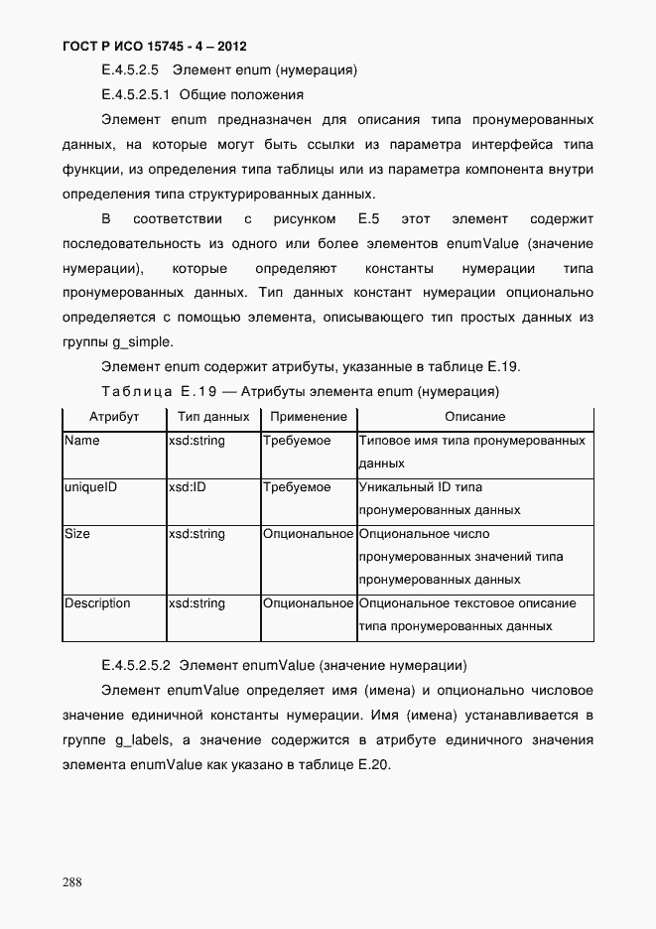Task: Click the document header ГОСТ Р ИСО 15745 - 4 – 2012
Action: pyautogui.click(x=154, y=47)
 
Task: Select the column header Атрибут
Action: pyautogui.click(x=113, y=417)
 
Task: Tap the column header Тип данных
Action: pyautogui.click(x=212, y=417)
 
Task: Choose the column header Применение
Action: pyautogui.click(x=308, y=417)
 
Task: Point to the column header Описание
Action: pyautogui.click(x=474, y=417)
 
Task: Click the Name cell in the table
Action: pyautogui.click(x=82, y=441)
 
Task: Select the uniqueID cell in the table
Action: pyautogui.click(x=90, y=487)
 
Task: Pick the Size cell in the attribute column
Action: pyautogui.click(x=77, y=534)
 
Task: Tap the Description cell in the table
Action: pyautogui.click(x=97, y=603)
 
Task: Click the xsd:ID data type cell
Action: pyautogui.click(x=188, y=487)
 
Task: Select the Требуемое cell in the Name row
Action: pyautogui.click(x=297, y=441)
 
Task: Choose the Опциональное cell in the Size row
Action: pyautogui.click(x=308, y=534)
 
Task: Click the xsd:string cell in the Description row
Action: pyautogui.click(x=197, y=603)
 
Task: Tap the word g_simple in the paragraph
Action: pyautogui.click(x=144, y=342)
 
